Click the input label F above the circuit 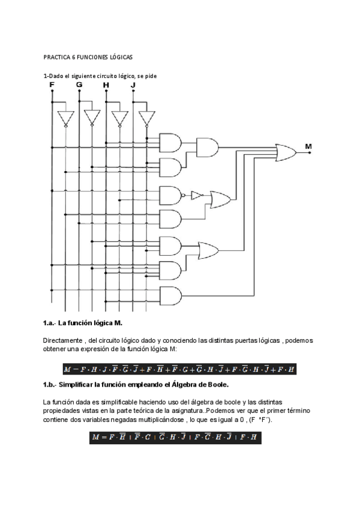point(52,85)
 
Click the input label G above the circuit point(80,85)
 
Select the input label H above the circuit point(106,85)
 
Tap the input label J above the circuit point(133,85)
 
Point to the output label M point(308,146)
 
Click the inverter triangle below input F point(65,118)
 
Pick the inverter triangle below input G point(92,118)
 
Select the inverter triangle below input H point(120,118)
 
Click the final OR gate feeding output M point(285,152)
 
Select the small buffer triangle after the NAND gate point(197,195)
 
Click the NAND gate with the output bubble point(171,195)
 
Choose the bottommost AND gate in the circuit point(170,295)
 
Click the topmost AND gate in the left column point(170,142)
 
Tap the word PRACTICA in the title point(56,57)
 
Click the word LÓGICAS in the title point(121,57)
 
